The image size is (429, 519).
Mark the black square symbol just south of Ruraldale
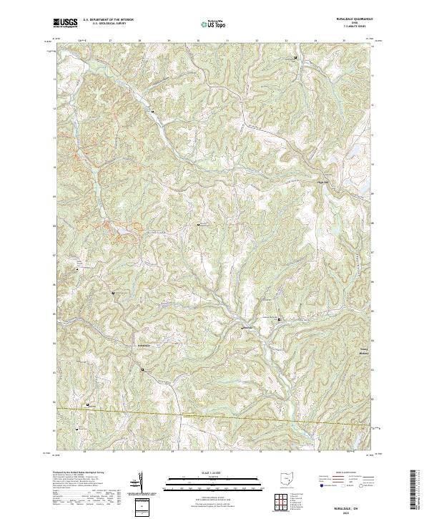click(142, 369)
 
